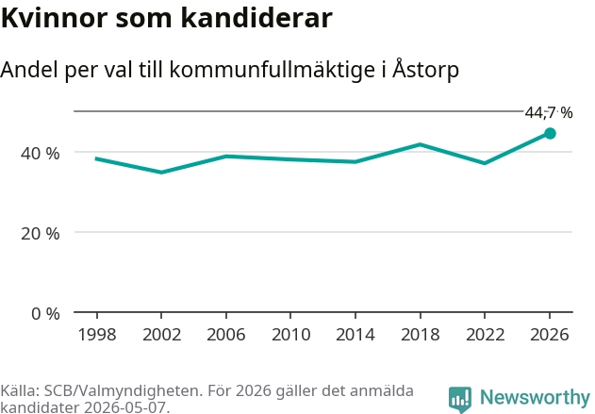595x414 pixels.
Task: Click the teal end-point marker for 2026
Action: tap(550, 133)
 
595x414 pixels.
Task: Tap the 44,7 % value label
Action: tap(549, 113)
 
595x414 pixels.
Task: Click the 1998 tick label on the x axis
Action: tap(97, 335)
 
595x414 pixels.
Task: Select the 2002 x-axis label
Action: tap(161, 335)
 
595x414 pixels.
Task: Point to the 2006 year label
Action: tap(226, 335)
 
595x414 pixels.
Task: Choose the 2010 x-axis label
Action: tap(291, 335)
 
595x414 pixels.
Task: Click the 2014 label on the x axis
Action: tap(355, 335)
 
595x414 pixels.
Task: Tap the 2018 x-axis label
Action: tap(421, 335)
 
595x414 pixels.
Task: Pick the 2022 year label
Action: tap(485, 335)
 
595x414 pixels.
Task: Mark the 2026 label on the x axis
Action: tap(550, 335)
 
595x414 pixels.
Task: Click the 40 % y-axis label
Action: tap(41, 154)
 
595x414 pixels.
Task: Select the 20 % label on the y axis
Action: tap(41, 234)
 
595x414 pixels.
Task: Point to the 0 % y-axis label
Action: tap(45, 314)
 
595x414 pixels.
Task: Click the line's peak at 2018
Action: tap(420, 144)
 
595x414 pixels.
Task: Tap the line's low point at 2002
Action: tap(161, 173)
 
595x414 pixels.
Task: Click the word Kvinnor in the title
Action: tap(55, 18)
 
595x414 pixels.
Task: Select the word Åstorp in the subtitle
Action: tap(425, 70)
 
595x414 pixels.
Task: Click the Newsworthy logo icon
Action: tap(460, 399)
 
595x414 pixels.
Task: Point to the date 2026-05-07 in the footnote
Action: tap(124, 407)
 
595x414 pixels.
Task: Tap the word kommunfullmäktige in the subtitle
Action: tap(273, 70)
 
